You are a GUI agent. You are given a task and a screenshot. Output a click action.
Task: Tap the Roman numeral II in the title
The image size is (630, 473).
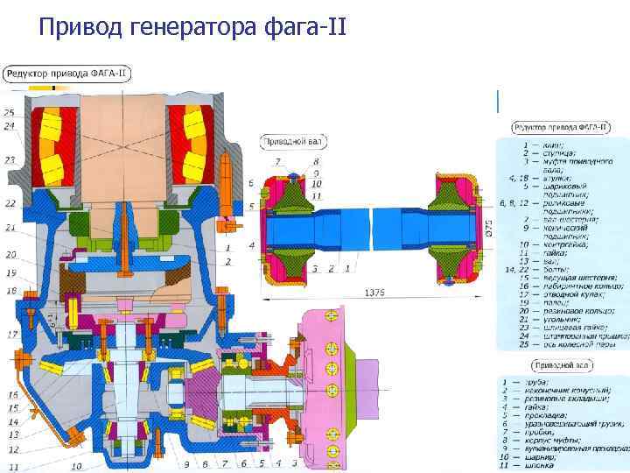coord(334,30)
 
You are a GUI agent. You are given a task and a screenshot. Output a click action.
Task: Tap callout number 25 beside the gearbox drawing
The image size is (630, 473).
coord(9,113)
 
